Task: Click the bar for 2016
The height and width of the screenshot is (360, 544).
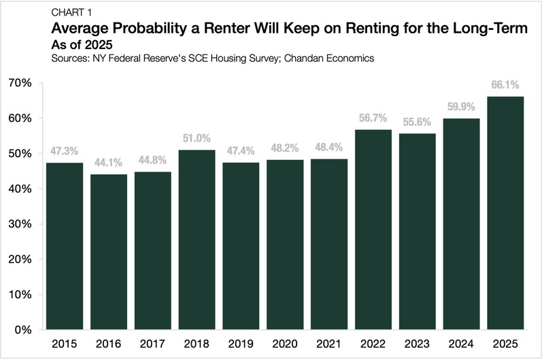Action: [x=109, y=252]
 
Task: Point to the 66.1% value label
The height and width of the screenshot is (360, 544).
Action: [x=506, y=86]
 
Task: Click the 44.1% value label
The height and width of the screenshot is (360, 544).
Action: [x=109, y=163]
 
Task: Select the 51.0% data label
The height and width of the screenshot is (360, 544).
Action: [x=197, y=139]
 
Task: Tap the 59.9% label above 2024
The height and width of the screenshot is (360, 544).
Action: [x=462, y=108]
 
